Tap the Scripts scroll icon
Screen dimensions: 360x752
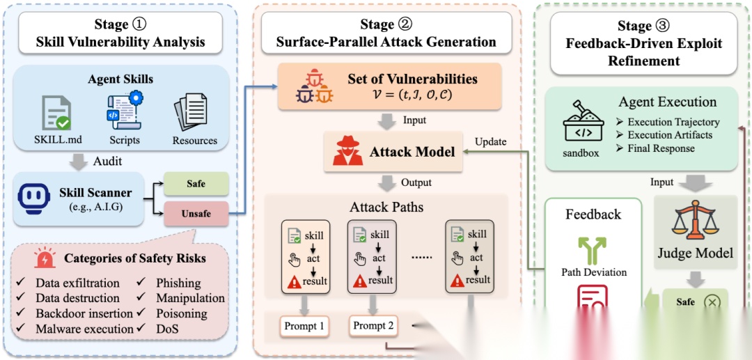pyautogui.click(x=124, y=109)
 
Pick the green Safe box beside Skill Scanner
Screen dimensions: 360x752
pyautogui.click(x=196, y=184)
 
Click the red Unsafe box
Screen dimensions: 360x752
pyautogui.click(x=196, y=213)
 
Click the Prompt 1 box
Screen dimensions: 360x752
pyautogui.click(x=304, y=325)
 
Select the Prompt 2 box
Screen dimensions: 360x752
pyautogui.click(x=374, y=325)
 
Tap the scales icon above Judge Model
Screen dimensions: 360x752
pyautogui.click(x=695, y=219)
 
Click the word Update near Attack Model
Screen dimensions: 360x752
pyautogui.click(x=490, y=142)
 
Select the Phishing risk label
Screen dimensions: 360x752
pyautogui.click(x=178, y=283)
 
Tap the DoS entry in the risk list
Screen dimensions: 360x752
pyautogui.click(x=168, y=329)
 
